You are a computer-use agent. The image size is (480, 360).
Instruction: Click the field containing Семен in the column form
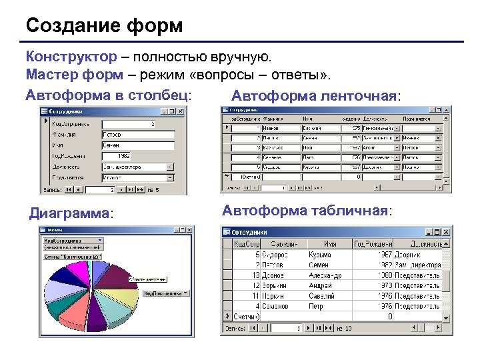[137, 145]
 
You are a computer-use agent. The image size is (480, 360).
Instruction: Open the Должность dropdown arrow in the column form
[171, 167]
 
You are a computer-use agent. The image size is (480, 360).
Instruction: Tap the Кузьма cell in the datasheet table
[321, 254]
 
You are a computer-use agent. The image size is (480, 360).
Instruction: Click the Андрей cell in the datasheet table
[321, 285]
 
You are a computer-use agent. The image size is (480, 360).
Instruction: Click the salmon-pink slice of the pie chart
[72, 313]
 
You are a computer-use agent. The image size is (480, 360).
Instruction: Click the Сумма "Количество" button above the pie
[72, 256]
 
